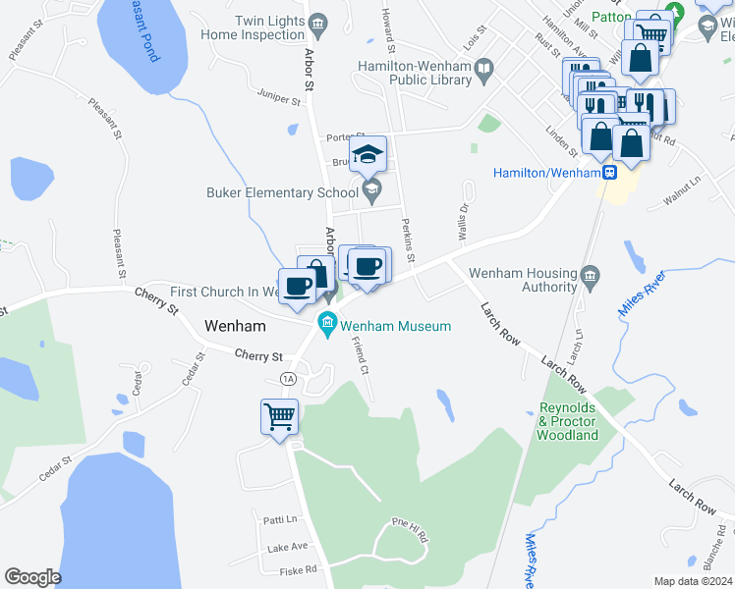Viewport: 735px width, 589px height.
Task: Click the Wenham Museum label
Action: click(395, 326)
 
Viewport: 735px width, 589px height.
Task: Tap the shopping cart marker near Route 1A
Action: click(280, 416)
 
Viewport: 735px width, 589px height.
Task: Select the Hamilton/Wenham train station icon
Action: click(609, 173)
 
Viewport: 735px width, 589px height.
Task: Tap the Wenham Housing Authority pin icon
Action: click(589, 273)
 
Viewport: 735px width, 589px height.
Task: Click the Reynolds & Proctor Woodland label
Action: click(568, 421)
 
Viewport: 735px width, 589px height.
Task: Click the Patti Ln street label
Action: click(279, 518)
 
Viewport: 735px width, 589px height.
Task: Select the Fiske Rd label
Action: click(298, 569)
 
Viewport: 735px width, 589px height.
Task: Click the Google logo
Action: click(32, 577)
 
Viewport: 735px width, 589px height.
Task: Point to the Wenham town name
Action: click(238, 325)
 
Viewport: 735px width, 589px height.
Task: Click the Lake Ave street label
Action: click(287, 546)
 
